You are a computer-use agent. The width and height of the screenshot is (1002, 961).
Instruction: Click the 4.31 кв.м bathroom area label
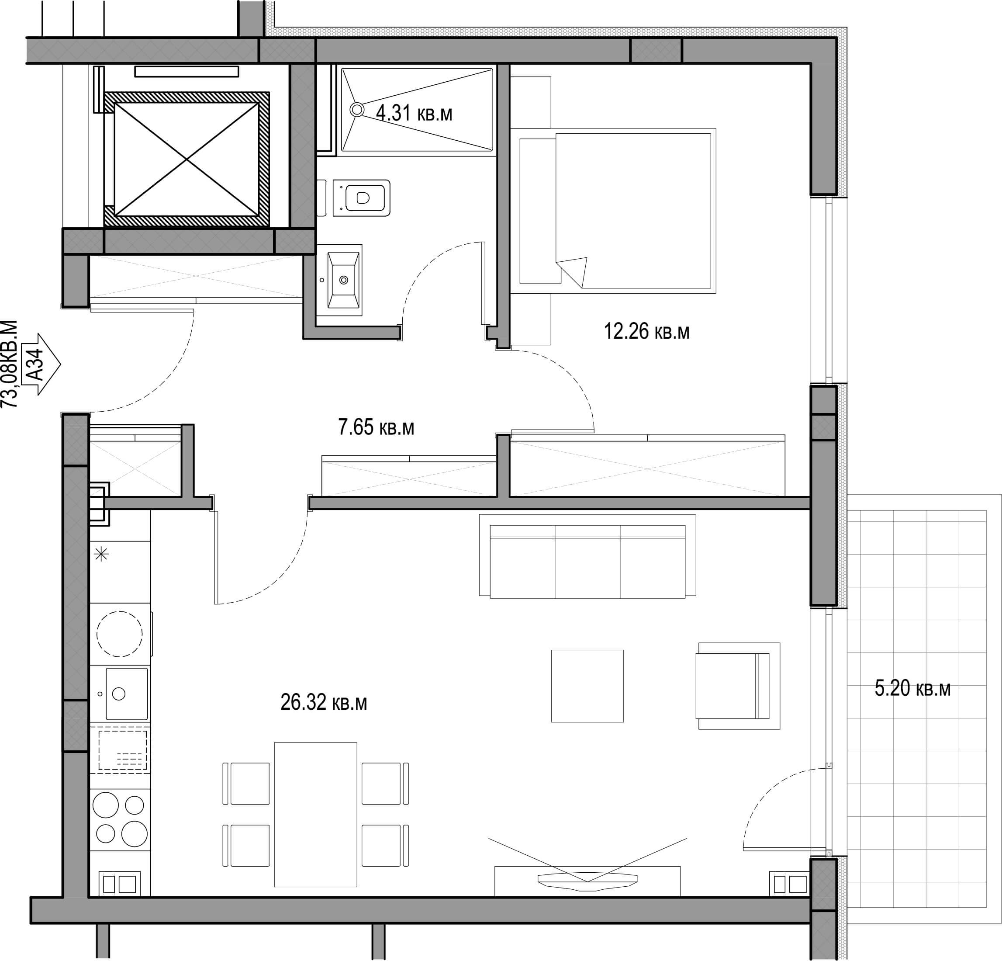point(414,113)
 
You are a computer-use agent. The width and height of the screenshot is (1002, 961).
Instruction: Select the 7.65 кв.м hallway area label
point(376,427)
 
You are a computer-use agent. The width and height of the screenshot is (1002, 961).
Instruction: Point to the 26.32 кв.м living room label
point(324,702)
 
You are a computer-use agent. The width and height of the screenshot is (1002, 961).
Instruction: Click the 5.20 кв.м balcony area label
point(912,688)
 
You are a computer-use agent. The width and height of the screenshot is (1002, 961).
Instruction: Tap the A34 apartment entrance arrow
point(43,364)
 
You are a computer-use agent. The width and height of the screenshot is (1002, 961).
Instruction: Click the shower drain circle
point(357,109)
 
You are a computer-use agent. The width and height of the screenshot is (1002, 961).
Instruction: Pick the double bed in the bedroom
point(617,211)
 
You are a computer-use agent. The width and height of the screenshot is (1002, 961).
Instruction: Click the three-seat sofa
point(587,555)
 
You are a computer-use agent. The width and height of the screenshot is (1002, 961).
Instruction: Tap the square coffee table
point(587,686)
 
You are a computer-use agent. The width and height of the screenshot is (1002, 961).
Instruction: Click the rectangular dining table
point(315,814)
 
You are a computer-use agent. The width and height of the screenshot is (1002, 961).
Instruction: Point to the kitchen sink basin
point(127,694)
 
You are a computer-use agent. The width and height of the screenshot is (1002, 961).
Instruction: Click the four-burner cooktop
point(120,819)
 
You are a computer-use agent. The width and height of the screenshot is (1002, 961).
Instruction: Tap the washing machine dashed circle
point(120,634)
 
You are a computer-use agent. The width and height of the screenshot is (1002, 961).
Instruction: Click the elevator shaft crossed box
point(187,159)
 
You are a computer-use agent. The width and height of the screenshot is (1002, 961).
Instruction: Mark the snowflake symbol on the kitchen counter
point(102,554)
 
